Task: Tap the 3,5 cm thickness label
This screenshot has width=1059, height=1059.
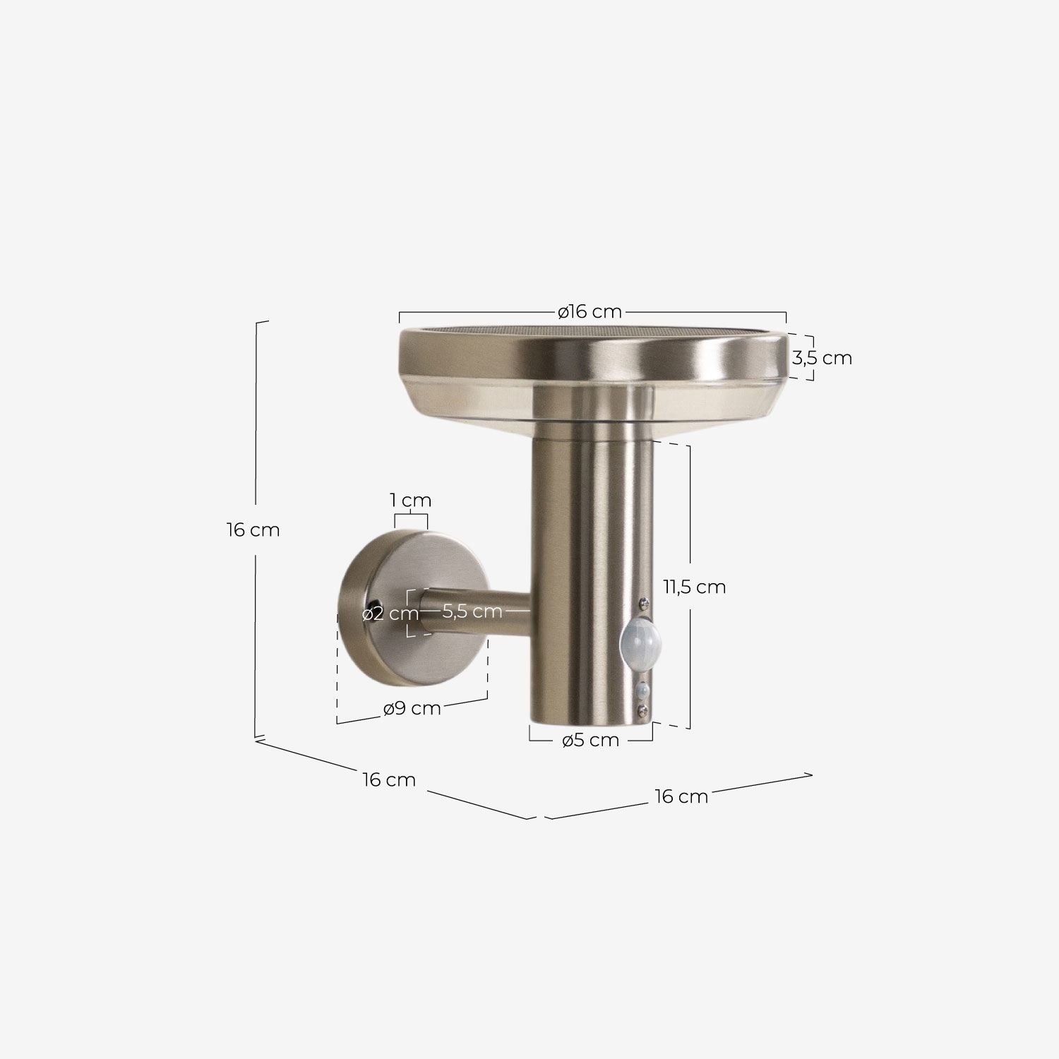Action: [x=822, y=358]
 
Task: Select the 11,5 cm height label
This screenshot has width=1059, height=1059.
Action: [x=695, y=587]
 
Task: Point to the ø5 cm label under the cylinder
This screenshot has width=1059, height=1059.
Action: [x=590, y=741]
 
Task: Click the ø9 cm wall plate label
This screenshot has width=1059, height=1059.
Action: [x=412, y=708]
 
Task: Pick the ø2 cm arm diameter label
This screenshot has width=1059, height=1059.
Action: [x=390, y=614]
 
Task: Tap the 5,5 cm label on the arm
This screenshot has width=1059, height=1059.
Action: [x=472, y=611]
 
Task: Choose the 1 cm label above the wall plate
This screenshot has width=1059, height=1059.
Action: [x=411, y=501]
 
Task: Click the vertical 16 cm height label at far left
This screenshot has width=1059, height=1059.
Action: [x=253, y=529]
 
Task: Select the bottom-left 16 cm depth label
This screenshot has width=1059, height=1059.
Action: [x=389, y=780]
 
